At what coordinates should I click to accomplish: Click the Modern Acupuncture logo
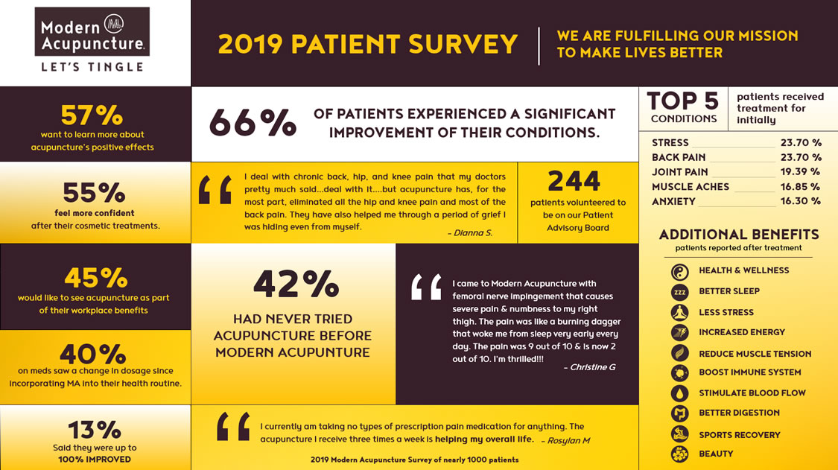tap(92, 33)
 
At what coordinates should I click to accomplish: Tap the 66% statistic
tap(253, 123)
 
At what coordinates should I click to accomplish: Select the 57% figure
tap(92, 115)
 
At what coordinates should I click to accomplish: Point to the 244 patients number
tap(574, 181)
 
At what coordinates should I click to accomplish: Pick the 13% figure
tap(94, 430)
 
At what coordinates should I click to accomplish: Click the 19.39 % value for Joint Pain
tap(801, 172)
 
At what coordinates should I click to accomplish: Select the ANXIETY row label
tap(673, 201)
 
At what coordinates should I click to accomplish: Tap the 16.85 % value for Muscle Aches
tap(801, 187)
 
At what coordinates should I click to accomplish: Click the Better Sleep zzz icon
tap(679, 292)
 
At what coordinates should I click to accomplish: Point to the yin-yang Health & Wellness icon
tap(679, 271)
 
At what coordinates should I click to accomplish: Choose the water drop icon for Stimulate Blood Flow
tap(679, 393)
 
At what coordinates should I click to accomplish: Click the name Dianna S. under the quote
tap(470, 232)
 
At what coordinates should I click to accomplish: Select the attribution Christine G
tap(589, 367)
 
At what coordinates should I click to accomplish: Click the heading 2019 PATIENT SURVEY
tap(367, 45)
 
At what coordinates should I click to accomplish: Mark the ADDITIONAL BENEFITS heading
tap(738, 235)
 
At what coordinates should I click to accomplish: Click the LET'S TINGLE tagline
tap(92, 67)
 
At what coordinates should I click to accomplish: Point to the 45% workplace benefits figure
tap(94, 278)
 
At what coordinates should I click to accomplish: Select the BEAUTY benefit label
tap(716, 454)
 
